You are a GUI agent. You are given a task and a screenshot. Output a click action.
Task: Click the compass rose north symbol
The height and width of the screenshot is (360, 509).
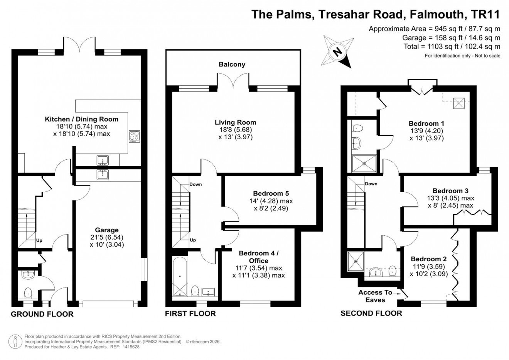coord(338,51)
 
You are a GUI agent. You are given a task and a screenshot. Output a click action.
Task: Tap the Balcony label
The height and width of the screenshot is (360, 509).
coord(232,64)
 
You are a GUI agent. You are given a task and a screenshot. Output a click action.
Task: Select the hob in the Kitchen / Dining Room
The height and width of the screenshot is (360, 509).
coord(134,136)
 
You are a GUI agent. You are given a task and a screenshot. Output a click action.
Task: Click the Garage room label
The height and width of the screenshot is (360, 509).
coord(107,230)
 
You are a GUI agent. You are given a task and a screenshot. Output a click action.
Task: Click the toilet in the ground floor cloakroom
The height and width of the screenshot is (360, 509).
coord(28,293)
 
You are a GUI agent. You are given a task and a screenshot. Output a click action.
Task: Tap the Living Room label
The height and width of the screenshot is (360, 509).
coord(235,122)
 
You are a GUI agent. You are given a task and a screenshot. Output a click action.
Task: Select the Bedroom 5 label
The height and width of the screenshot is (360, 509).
coord(271,193)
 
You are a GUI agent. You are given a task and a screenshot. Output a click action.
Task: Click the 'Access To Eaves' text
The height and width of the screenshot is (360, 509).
coord(375,296)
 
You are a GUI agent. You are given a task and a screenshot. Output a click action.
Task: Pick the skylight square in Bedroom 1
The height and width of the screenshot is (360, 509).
coord(459,103)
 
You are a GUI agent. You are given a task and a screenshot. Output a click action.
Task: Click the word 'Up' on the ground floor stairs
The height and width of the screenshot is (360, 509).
coord(39,240)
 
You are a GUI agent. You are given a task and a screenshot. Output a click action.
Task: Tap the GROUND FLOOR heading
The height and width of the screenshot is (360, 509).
coord(42,314)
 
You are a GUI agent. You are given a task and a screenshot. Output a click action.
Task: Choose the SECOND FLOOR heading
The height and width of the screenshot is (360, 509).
coord(371,313)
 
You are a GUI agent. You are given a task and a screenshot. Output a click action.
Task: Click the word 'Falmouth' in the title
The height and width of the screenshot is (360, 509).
coord(437,14)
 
